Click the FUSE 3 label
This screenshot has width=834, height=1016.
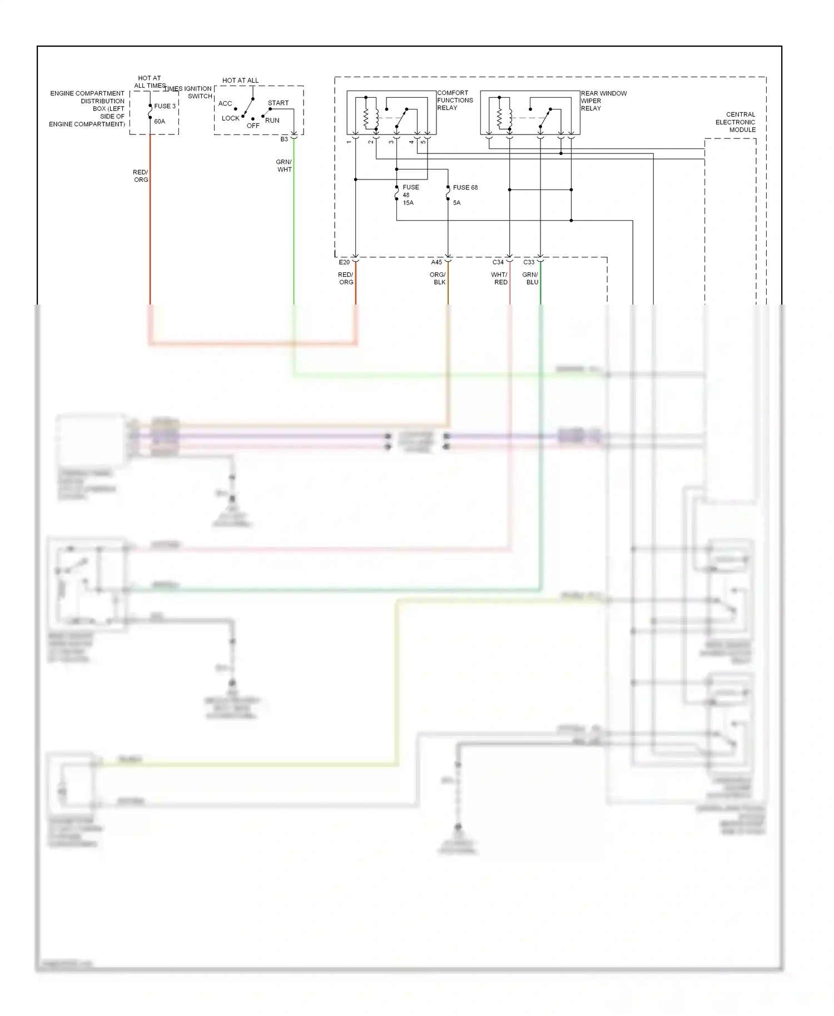(165, 106)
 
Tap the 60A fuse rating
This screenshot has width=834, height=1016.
(160, 121)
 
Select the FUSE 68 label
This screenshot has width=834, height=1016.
(465, 187)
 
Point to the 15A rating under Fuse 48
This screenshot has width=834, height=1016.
(408, 203)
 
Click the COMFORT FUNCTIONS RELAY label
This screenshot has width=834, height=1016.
(455, 100)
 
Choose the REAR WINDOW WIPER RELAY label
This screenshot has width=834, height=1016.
(603, 101)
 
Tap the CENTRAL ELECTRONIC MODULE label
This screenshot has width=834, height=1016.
(735, 122)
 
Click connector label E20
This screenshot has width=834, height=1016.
(344, 262)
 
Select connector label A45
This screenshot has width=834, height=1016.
(436, 262)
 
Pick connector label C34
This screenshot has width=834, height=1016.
(498, 262)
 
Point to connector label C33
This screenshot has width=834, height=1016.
(529, 262)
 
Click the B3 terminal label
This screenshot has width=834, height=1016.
(284, 140)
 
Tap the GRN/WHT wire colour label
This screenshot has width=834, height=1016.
(284, 166)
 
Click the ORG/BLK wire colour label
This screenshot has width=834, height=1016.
(438, 278)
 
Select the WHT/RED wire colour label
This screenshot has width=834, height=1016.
(500, 278)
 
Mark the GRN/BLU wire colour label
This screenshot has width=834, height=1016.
(531, 278)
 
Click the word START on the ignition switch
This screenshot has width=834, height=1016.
(278, 103)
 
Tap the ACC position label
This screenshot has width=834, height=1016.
(225, 103)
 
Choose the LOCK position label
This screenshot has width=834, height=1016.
(230, 118)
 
